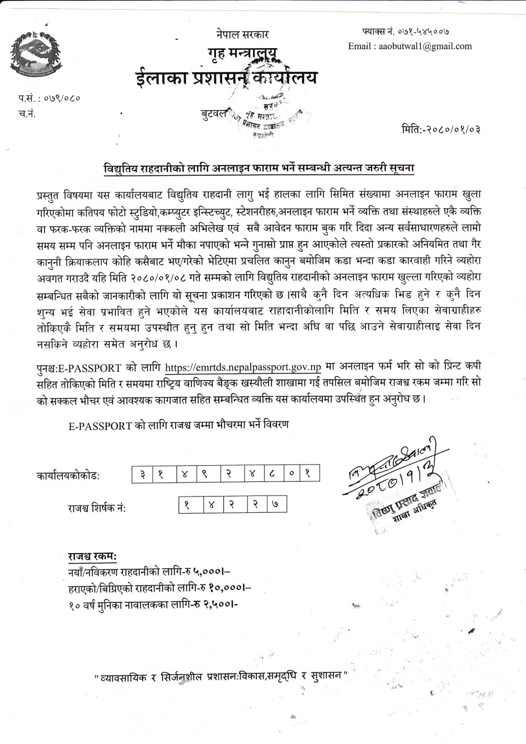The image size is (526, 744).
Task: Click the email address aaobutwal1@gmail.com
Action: tap(410, 46)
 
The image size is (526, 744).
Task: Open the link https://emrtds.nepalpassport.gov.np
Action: tap(243, 368)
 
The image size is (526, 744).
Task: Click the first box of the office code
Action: tap(143, 475)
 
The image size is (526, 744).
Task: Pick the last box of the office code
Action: tap(309, 475)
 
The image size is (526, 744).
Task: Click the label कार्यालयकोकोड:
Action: tap(68, 476)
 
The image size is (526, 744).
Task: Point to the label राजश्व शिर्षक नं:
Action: tap(97, 508)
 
